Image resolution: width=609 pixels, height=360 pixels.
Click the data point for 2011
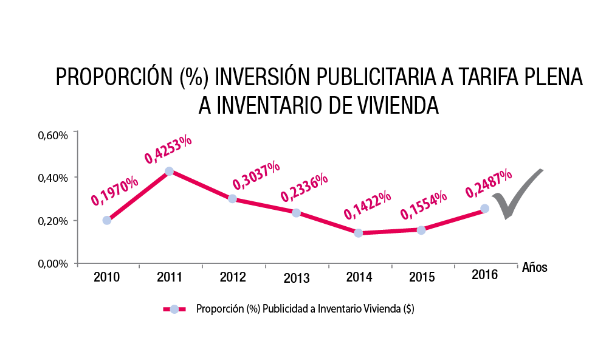point(169,171)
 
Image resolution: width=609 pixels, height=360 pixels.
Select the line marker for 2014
point(358,233)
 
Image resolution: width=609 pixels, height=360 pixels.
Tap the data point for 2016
point(484,209)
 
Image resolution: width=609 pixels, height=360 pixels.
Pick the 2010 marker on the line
point(107,220)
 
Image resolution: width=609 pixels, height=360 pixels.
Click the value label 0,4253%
point(168,149)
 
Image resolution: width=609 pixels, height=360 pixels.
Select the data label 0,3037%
point(256,175)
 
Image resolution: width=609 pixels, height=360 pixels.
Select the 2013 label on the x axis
point(296,279)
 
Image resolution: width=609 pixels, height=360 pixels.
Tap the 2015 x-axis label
point(422,277)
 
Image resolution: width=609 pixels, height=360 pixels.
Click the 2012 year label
point(233,277)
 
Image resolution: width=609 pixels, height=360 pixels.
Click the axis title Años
point(535,268)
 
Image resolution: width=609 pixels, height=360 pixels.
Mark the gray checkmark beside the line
point(514,194)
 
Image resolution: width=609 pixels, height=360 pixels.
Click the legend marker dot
point(174,309)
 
